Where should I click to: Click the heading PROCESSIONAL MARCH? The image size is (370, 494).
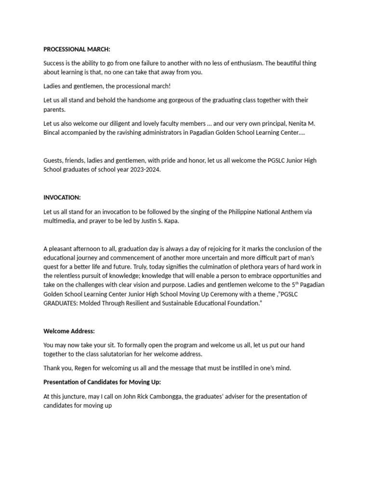point(77,49)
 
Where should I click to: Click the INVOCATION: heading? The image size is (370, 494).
point(62,197)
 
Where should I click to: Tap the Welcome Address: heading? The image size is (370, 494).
point(69,331)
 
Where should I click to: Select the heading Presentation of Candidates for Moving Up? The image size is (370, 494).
point(102,382)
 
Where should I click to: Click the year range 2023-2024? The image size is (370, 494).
point(143,170)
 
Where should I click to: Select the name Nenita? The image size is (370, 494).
point(294,123)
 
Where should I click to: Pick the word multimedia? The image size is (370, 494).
point(60,220)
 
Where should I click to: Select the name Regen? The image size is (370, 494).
point(81,368)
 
